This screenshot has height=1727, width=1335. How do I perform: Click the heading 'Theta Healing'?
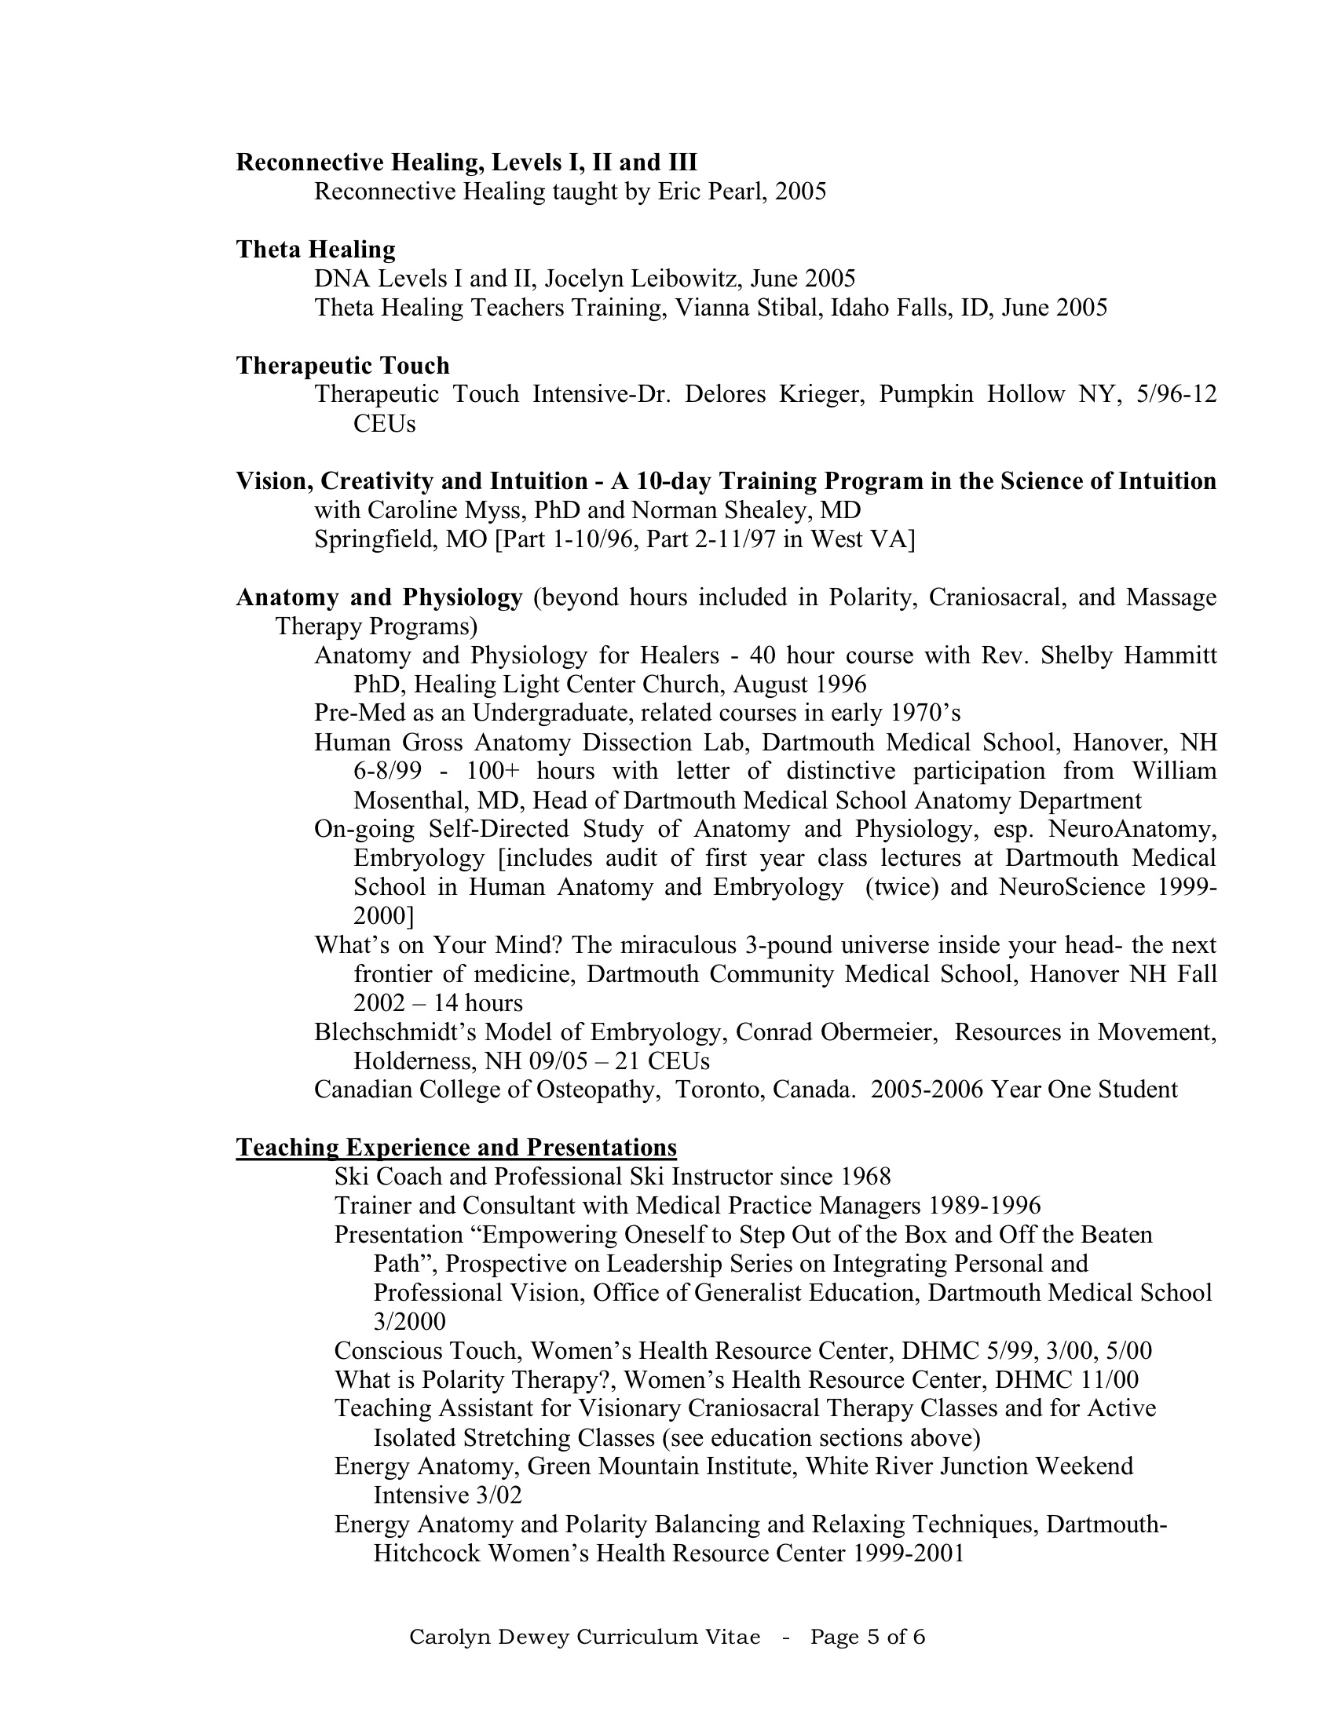click(316, 250)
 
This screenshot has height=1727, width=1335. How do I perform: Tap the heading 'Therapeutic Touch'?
click(342, 366)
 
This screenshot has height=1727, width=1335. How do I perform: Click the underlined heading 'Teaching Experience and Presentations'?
click(456, 1148)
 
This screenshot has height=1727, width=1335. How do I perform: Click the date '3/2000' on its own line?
click(409, 1321)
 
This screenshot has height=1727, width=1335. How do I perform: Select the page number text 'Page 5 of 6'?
click(867, 1637)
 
